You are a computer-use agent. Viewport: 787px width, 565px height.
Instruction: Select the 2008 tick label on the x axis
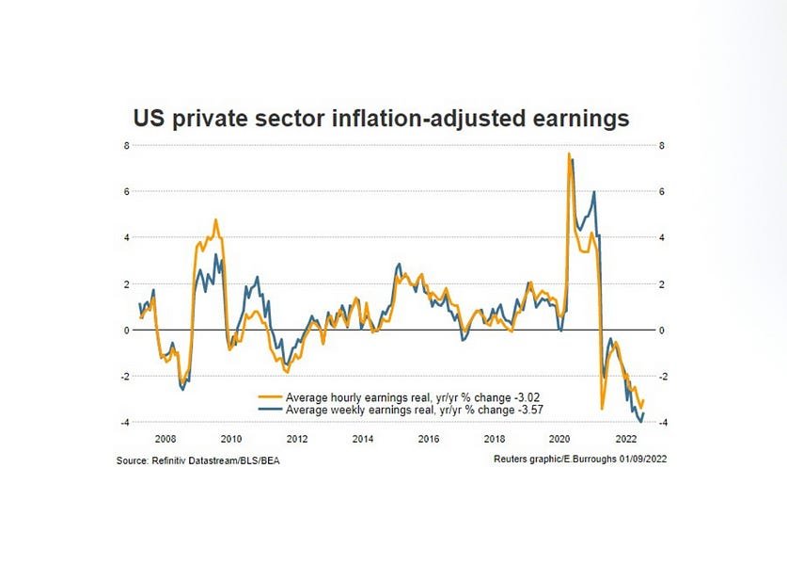tap(165, 439)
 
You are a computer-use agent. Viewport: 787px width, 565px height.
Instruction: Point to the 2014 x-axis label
tap(363, 439)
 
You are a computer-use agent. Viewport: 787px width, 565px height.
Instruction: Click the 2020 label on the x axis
tap(560, 439)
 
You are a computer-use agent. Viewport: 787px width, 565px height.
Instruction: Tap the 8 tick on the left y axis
tap(125, 146)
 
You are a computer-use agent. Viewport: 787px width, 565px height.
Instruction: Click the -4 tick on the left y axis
tap(123, 422)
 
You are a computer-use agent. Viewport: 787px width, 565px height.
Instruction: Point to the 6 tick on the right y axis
tap(662, 192)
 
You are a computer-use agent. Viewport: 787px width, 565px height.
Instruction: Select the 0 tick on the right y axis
tap(662, 331)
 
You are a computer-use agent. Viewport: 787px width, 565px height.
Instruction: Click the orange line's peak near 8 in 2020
tap(569, 153)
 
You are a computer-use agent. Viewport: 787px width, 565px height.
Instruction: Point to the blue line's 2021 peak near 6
tap(594, 192)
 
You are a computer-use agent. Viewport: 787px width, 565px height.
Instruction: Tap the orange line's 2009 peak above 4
tap(215, 220)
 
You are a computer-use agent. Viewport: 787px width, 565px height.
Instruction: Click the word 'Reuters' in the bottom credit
tap(513, 460)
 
